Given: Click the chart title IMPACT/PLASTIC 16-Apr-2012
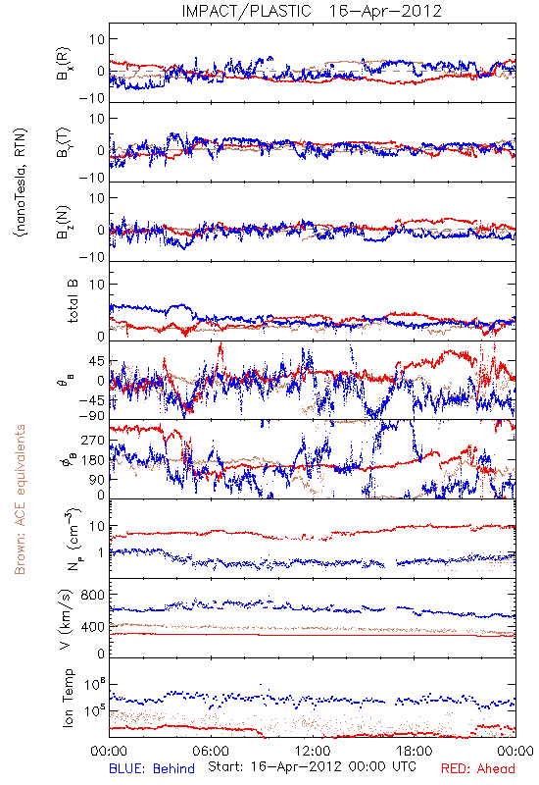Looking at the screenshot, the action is (312, 11).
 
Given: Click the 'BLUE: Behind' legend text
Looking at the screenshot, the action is (152, 768).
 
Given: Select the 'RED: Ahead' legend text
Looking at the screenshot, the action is (478, 768).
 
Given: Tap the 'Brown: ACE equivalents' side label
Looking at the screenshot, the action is (20, 499).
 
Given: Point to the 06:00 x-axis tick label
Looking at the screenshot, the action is (211, 751).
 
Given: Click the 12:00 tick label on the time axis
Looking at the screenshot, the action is (313, 751).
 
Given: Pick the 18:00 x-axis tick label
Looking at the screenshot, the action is (414, 751).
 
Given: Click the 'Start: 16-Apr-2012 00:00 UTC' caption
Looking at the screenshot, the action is (312, 766).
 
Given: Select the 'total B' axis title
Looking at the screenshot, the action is (73, 301).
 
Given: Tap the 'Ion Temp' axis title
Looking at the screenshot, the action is (68, 698).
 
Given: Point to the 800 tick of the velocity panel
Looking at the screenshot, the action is (93, 595).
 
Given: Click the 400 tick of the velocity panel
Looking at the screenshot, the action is (93, 627).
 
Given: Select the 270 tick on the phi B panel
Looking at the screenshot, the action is (93, 441).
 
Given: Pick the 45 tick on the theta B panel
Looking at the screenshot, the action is (97, 361).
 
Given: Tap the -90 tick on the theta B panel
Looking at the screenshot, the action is (92, 416).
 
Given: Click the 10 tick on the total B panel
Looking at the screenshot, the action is (97, 285).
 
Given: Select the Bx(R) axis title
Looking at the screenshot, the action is (64, 64).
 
